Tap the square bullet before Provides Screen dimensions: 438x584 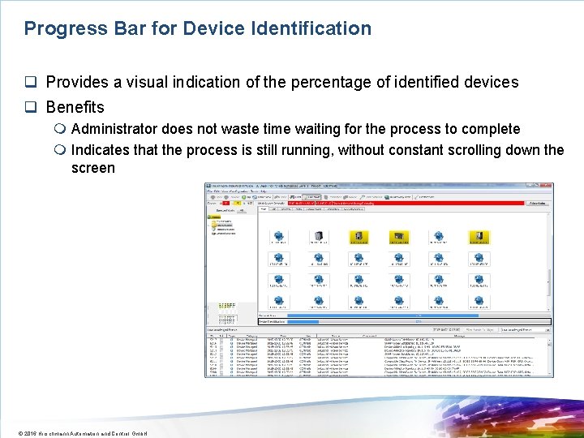[30, 83]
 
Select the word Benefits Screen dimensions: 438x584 [75, 107]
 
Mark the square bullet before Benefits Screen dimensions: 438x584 [30, 108]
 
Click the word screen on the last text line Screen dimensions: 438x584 [92, 169]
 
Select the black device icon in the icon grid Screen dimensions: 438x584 [318, 237]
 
